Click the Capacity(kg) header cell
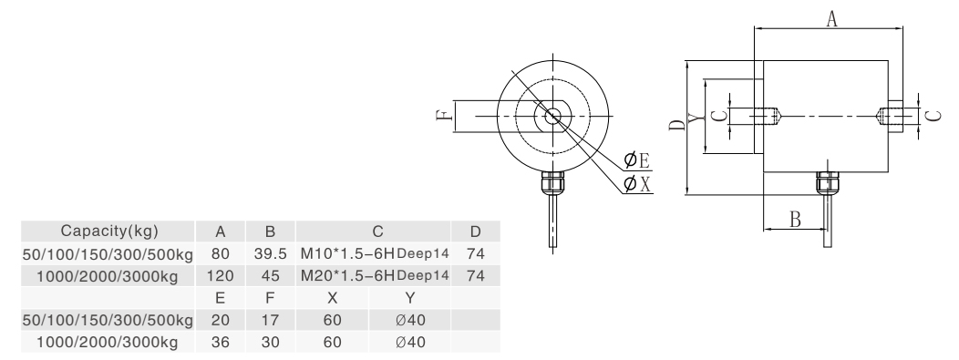(108, 231)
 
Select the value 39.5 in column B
(271, 253)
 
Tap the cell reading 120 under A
(221, 276)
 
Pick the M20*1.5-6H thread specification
(347, 275)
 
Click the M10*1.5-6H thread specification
(347, 253)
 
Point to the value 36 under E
(221, 343)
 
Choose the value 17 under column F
(271, 320)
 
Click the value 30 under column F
(271, 343)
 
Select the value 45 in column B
(271, 276)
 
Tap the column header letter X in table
(332, 298)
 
